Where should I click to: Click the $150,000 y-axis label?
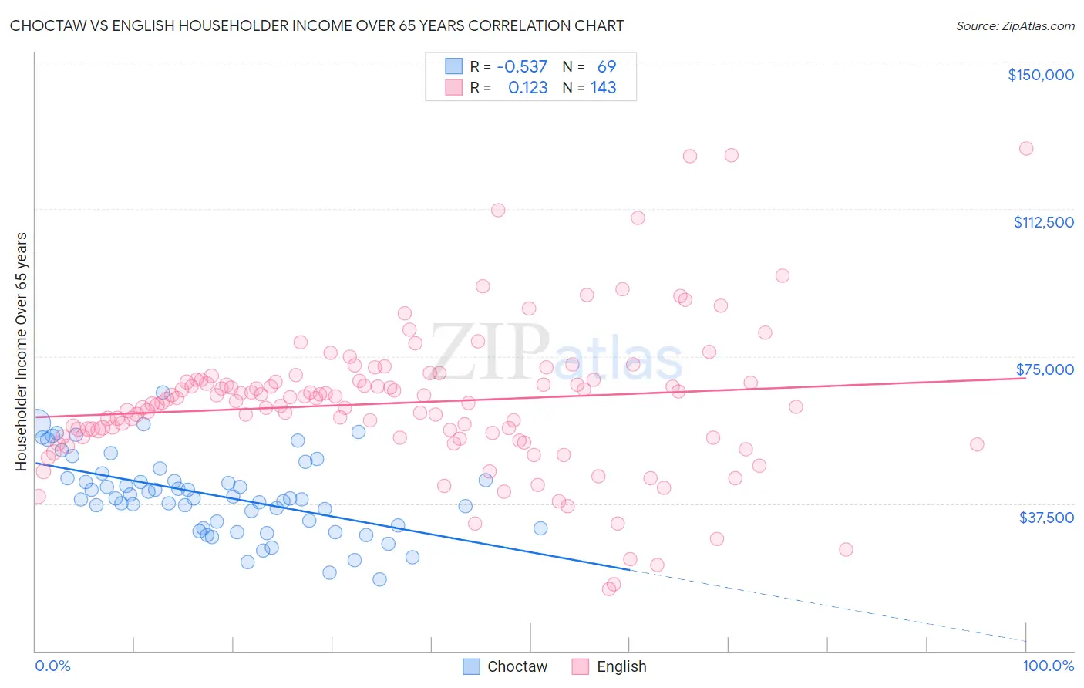click(x=1040, y=75)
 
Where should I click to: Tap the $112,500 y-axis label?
click(x=1043, y=222)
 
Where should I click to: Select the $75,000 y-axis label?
click(x=1045, y=369)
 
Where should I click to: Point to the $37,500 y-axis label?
click(x=1046, y=518)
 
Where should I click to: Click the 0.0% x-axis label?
click(x=52, y=666)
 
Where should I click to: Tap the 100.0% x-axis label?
click(x=1048, y=666)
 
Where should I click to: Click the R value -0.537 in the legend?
click(x=522, y=67)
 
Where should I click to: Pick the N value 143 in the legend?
click(x=603, y=88)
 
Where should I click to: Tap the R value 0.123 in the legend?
click(x=527, y=88)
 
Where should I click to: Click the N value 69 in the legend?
click(x=606, y=67)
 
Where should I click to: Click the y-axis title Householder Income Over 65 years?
click(x=21, y=351)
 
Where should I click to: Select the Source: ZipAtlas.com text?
click(x=1015, y=26)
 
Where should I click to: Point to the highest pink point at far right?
click(x=1025, y=149)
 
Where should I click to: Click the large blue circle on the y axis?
click(x=36, y=422)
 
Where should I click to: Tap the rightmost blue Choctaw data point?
click(x=540, y=528)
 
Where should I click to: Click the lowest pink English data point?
click(x=609, y=589)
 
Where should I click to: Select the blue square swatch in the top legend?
click(x=453, y=67)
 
